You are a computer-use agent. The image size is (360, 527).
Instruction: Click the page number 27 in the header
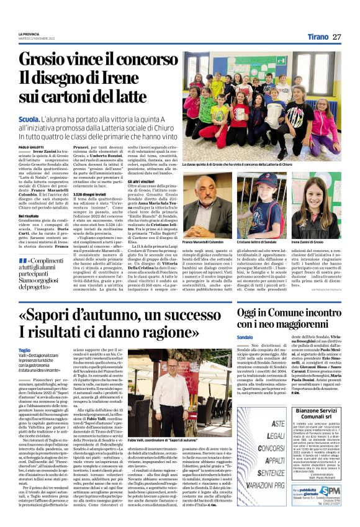click(x=336, y=37)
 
